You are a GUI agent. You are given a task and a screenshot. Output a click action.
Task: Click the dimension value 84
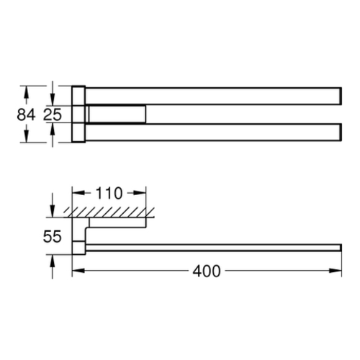(x=26, y=114)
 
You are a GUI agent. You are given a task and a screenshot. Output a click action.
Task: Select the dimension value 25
(x=53, y=114)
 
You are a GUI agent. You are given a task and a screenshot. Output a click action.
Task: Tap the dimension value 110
(x=109, y=193)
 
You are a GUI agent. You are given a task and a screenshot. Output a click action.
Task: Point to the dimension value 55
(x=53, y=236)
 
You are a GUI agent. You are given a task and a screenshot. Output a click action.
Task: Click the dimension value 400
(x=207, y=271)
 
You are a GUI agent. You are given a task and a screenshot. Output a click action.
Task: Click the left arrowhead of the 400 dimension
(x=78, y=271)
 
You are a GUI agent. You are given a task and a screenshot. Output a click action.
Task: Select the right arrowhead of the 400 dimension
(x=336, y=271)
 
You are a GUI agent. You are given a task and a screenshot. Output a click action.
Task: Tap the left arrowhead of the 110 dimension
(x=78, y=193)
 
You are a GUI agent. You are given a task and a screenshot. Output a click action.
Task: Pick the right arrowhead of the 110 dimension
(x=140, y=193)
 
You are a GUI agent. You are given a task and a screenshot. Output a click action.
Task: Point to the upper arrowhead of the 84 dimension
(x=26, y=91)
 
